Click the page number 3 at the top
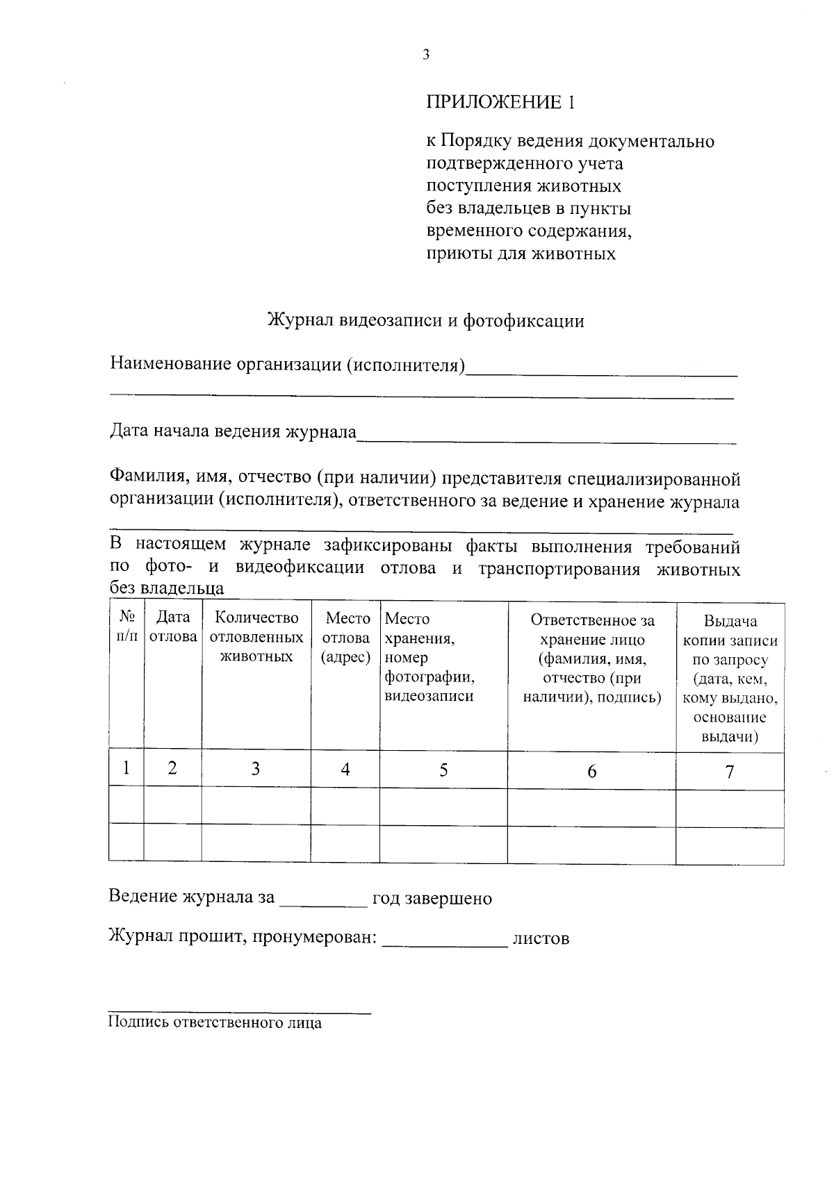[425, 56]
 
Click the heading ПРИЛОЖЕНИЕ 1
[500, 103]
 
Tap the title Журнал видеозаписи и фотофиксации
[425, 321]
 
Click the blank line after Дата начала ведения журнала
[546, 436]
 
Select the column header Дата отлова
[172, 627]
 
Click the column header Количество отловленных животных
[256, 637]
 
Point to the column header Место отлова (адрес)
[345, 637]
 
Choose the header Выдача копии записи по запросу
[730, 678]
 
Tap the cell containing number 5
[443, 770]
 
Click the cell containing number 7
[730, 772]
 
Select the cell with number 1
[126, 768]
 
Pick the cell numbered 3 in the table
[256, 769]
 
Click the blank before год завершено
[322, 900]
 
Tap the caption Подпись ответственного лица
[215, 1023]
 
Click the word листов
[541, 939]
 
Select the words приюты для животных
[521, 254]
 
